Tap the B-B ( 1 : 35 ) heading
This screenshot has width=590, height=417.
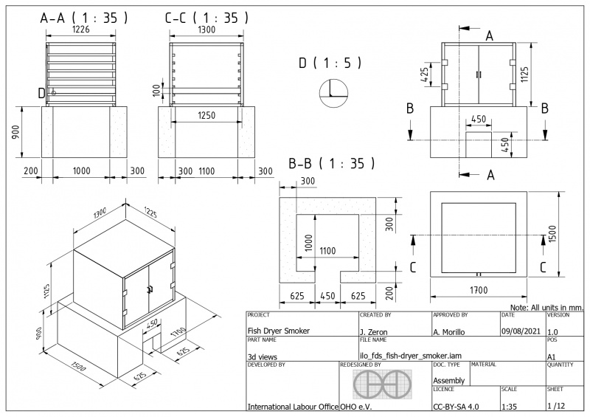tap(332, 162)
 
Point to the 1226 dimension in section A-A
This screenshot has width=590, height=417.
tap(82, 32)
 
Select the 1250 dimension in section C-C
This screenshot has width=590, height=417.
tap(207, 115)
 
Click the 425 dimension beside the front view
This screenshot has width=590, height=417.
tap(424, 76)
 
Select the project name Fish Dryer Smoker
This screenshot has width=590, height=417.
tap(280, 331)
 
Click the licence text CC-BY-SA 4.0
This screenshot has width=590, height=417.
tap(455, 406)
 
